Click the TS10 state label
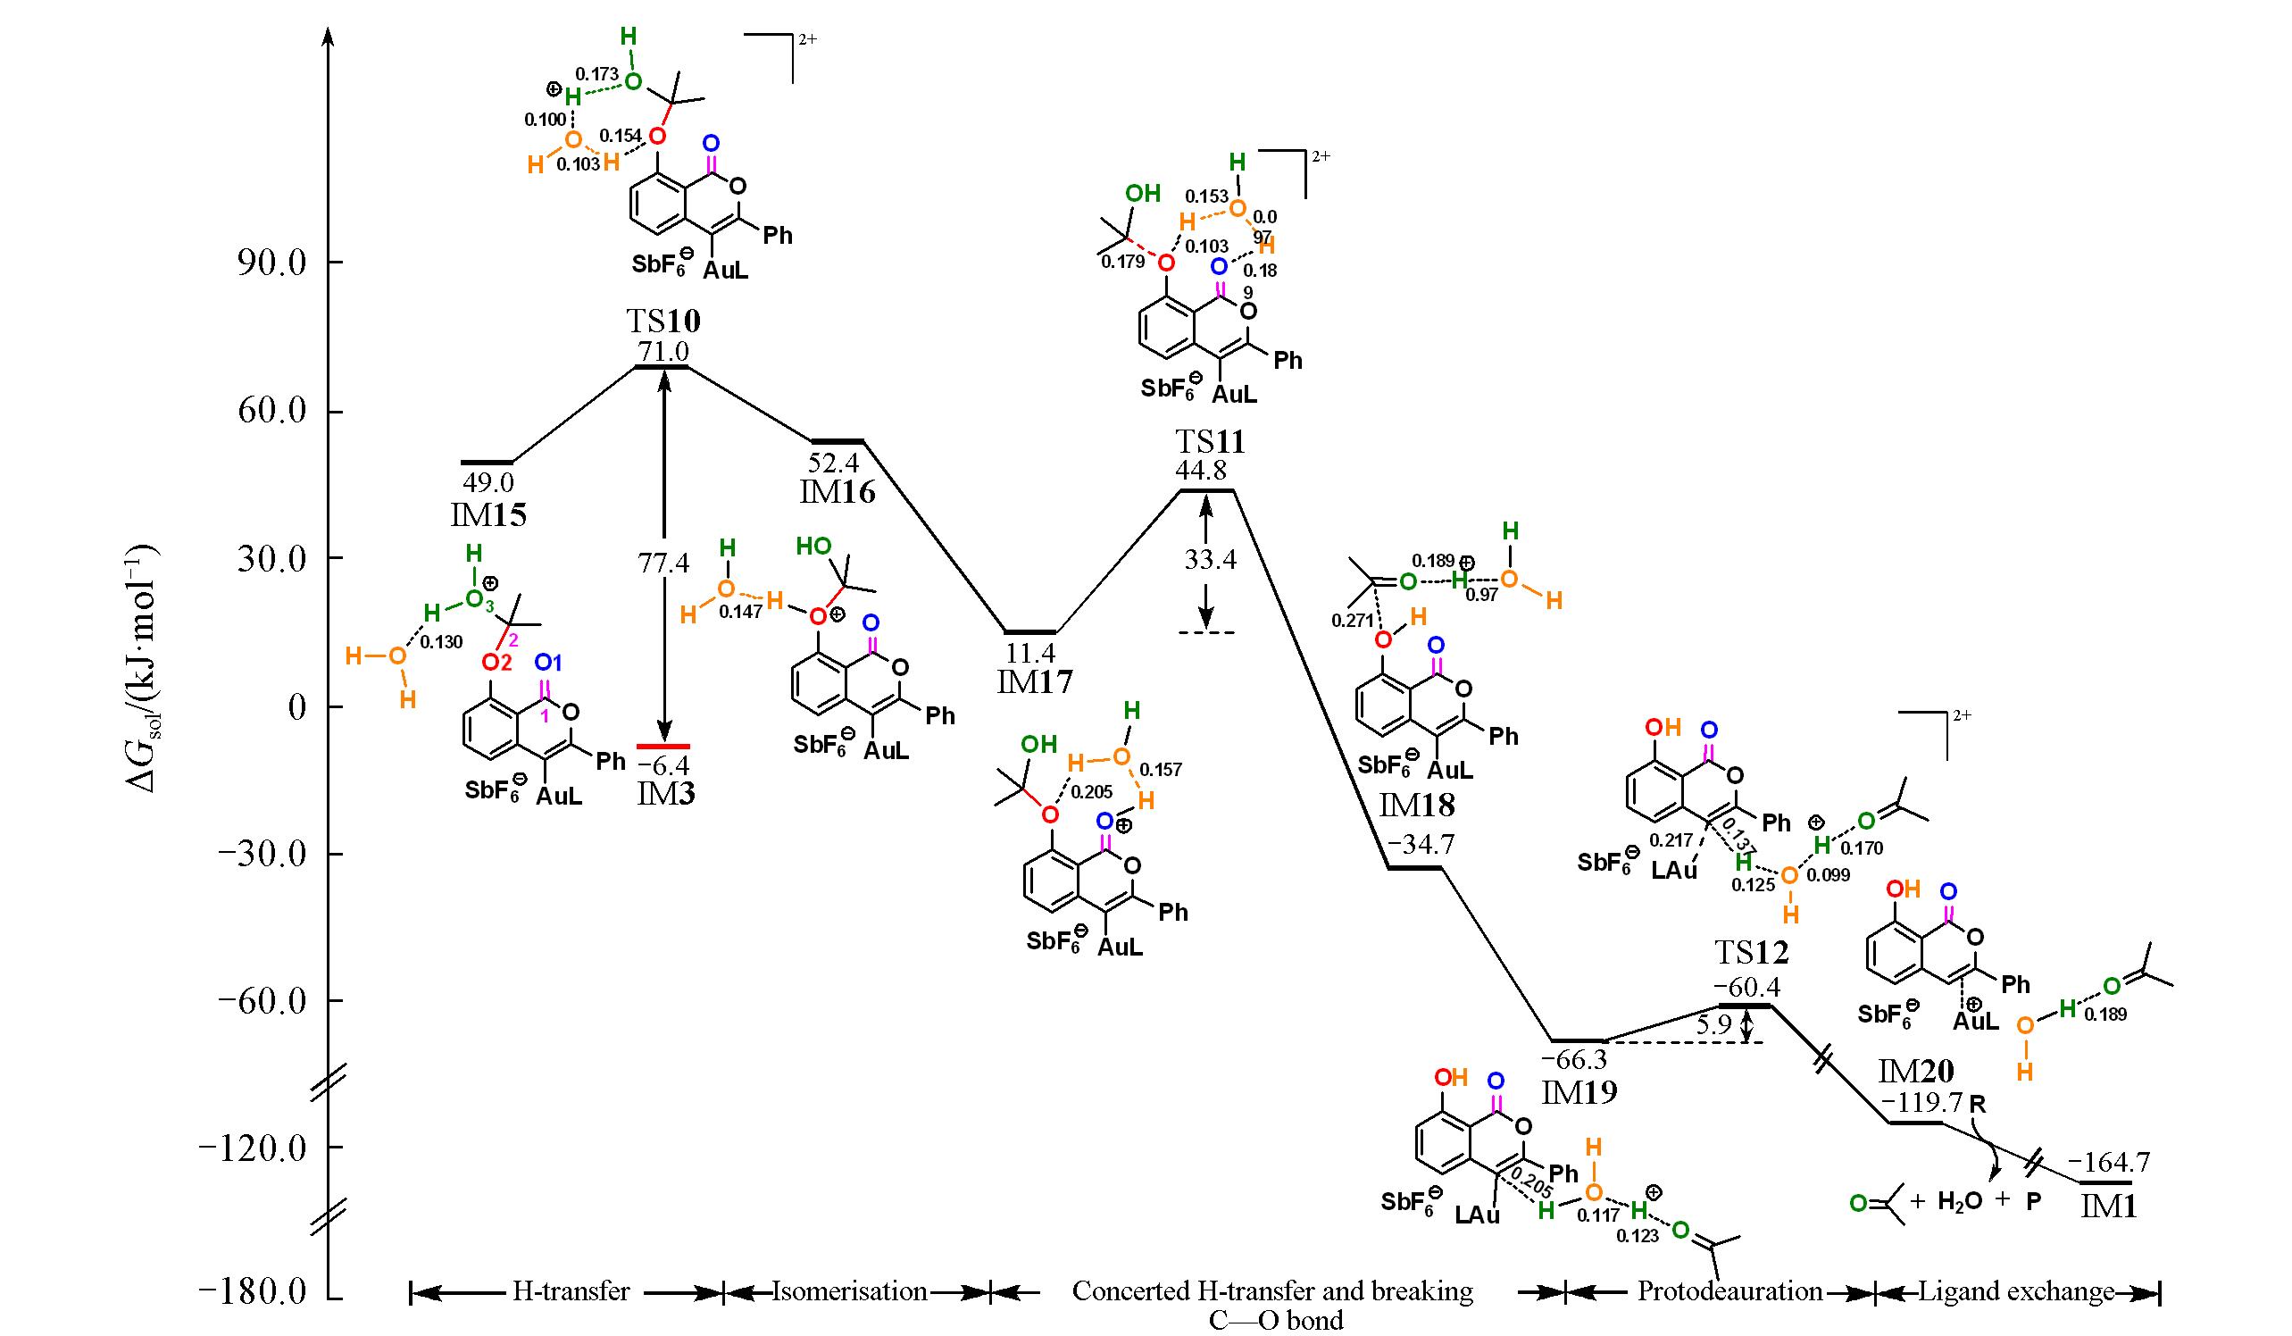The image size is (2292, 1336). tap(663, 321)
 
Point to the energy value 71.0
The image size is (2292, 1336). tap(663, 351)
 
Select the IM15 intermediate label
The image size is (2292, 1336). tap(488, 515)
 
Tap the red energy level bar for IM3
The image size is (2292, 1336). tap(663, 746)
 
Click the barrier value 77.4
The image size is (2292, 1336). tap(664, 563)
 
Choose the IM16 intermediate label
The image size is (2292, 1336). tap(838, 493)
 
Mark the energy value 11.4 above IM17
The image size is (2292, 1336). tap(1029, 652)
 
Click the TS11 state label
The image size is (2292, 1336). tap(1209, 442)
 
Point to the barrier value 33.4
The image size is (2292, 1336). tap(1209, 559)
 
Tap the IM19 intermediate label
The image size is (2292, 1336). tap(1579, 1092)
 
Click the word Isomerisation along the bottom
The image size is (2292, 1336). tap(849, 1291)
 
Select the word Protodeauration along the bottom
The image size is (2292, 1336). tap(1729, 1291)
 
